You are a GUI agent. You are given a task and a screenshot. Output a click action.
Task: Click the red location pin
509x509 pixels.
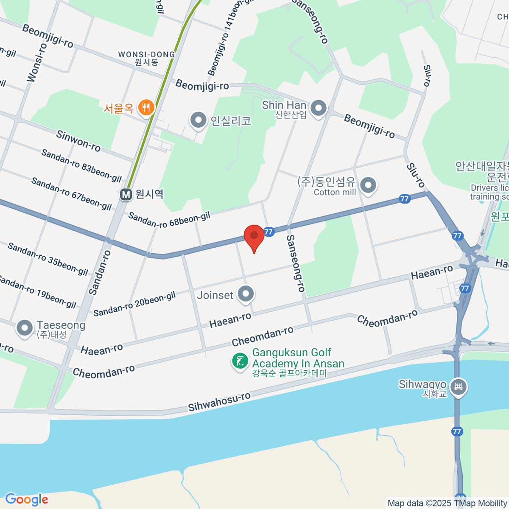(254, 236)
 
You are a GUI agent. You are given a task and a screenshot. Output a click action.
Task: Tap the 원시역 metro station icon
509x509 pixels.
(126, 195)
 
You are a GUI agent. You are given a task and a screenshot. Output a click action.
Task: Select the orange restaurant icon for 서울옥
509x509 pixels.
(146, 108)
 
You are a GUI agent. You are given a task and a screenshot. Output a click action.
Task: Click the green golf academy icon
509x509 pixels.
(240, 361)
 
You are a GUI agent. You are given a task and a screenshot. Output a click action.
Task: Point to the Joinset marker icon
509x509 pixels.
(246, 294)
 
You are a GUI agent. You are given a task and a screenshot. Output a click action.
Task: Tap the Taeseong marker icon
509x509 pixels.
(25, 328)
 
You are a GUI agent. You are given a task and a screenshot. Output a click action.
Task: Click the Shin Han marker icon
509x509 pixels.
(318, 108)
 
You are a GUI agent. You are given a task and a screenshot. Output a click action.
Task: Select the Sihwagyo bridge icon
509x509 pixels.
(459, 387)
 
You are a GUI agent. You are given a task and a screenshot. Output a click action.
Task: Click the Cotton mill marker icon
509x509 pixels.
(368, 185)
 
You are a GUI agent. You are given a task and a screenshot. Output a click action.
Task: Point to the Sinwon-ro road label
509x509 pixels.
(78, 141)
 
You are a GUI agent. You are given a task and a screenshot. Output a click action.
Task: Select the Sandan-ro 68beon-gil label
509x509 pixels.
(169, 220)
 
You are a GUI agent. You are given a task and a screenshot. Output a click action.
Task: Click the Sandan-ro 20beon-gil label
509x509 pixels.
(134, 304)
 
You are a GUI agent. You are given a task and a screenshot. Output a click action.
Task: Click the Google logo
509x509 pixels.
(27, 499)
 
